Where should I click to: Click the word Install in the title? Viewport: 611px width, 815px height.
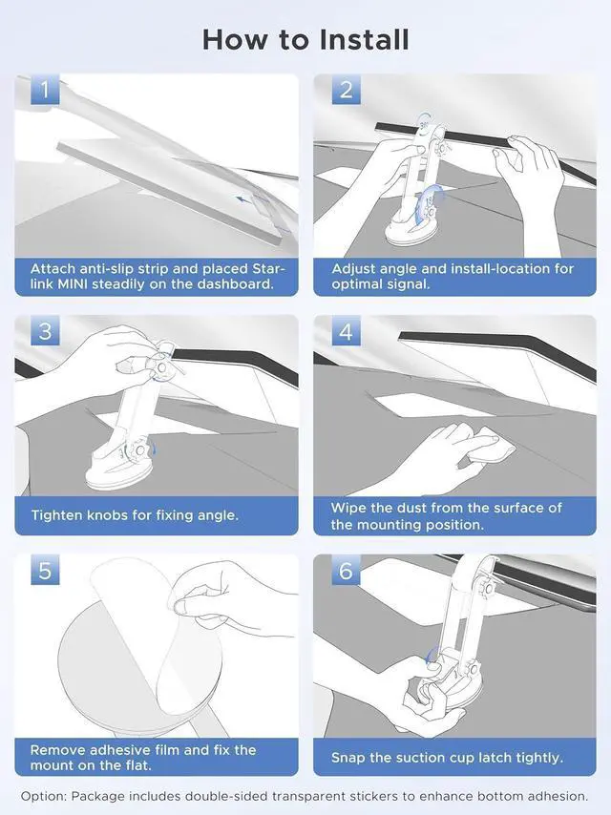point(364,40)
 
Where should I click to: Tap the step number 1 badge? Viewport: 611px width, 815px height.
point(45,89)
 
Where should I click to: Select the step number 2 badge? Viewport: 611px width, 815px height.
point(346,89)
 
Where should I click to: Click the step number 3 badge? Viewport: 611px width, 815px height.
point(45,330)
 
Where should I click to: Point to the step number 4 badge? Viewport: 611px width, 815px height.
point(346,330)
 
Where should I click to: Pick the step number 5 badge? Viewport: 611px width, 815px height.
point(45,570)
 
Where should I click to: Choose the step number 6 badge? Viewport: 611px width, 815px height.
point(346,570)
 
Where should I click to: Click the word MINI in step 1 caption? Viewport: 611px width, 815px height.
point(73,284)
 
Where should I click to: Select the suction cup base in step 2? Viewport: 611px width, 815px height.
point(411,230)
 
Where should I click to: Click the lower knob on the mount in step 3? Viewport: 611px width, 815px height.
point(137,449)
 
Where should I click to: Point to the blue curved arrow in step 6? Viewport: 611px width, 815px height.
point(430,655)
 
